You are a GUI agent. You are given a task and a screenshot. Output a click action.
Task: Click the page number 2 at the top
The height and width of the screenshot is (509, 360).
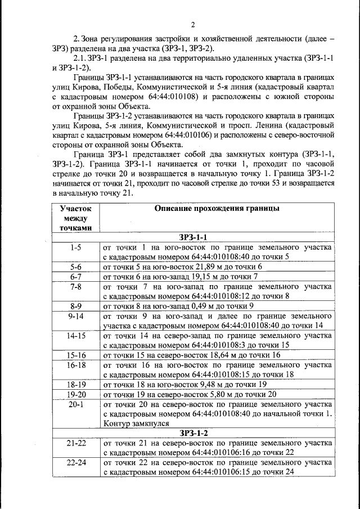tap(192, 24)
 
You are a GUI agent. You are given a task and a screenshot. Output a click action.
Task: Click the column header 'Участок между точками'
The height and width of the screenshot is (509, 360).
tap(76, 218)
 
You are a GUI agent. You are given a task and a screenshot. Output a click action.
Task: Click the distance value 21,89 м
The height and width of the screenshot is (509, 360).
tap(209, 267)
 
